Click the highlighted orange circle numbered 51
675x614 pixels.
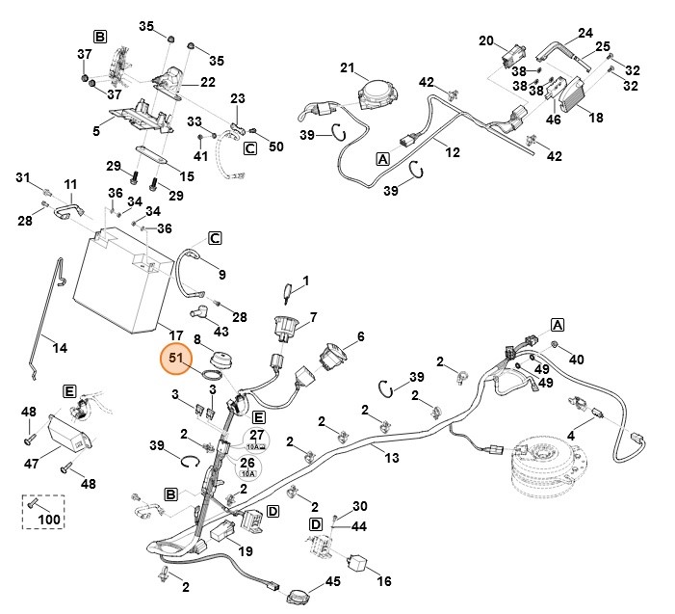[x=176, y=360]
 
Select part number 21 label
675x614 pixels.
[x=348, y=67]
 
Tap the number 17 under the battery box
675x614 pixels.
[x=175, y=334]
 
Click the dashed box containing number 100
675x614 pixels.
[x=44, y=512]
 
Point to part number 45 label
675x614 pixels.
[x=332, y=581]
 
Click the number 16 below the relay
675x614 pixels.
[x=382, y=581]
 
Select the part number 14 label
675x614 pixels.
[x=60, y=347]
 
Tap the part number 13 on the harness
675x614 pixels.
[x=391, y=458]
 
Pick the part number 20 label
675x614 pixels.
[x=486, y=40]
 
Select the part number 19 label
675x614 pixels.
[x=245, y=552]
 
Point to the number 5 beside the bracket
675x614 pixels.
[x=96, y=129]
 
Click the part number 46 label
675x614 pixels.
[x=553, y=120]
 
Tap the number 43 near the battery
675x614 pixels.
[x=221, y=333]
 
